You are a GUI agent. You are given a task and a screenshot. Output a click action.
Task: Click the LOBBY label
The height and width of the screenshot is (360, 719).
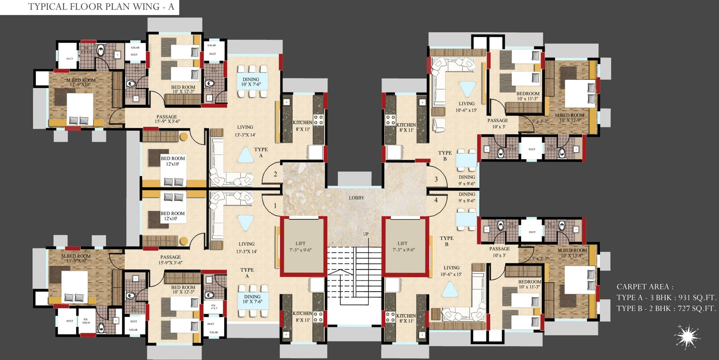(356, 198)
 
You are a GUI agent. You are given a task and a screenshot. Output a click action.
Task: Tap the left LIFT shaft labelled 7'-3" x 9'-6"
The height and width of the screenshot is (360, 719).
(301, 247)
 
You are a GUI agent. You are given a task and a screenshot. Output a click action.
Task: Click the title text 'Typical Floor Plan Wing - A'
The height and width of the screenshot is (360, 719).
(101, 7)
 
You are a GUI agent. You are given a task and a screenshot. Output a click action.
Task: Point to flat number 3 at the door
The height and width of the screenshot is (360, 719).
(436, 179)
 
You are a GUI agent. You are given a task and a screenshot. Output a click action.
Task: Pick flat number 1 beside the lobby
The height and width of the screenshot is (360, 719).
(275, 206)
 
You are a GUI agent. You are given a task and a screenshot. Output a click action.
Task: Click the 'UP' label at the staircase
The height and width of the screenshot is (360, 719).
(366, 234)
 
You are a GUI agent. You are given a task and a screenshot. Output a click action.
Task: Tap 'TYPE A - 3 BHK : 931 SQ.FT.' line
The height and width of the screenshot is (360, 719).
(666, 298)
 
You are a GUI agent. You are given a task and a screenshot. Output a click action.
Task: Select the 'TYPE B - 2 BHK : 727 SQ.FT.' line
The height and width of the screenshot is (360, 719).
(666, 309)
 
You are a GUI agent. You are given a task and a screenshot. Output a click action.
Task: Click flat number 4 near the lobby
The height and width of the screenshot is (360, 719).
(436, 200)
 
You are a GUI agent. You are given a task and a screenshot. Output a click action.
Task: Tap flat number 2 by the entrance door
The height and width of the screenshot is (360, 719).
(275, 174)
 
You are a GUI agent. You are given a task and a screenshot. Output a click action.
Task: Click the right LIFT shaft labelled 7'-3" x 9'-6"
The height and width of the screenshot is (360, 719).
(403, 247)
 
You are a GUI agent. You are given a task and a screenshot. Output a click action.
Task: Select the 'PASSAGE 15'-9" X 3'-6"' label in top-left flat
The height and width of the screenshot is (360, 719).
(167, 119)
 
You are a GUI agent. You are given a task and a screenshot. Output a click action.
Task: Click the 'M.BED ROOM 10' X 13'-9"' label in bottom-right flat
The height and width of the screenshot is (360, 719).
(572, 253)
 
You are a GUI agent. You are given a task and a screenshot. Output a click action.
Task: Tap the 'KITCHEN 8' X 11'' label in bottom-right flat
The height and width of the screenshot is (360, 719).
(406, 318)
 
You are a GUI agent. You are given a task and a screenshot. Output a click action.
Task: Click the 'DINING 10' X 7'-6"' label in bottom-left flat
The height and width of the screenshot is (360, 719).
(252, 299)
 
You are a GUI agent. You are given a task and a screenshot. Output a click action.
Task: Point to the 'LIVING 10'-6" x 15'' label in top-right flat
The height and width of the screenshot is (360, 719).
(467, 107)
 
